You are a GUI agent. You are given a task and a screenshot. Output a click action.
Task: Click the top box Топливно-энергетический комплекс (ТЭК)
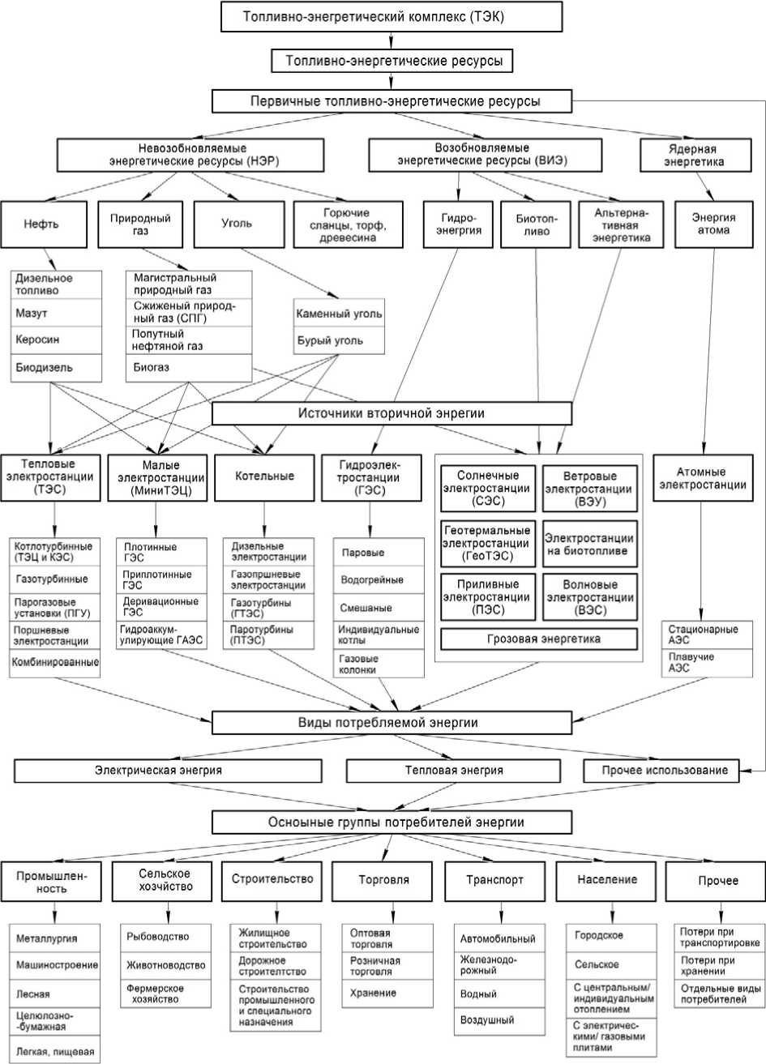[x=391, y=16]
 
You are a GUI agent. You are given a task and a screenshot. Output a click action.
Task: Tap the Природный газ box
[x=140, y=224]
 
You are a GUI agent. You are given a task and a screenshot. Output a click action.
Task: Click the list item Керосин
[x=57, y=339]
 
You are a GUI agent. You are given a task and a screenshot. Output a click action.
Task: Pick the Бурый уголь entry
[x=339, y=340]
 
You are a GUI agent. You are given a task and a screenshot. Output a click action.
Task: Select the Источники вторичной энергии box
[x=392, y=413]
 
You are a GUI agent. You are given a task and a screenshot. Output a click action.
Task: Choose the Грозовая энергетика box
[x=537, y=639]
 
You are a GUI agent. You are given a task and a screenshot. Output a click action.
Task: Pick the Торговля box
[x=383, y=879]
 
